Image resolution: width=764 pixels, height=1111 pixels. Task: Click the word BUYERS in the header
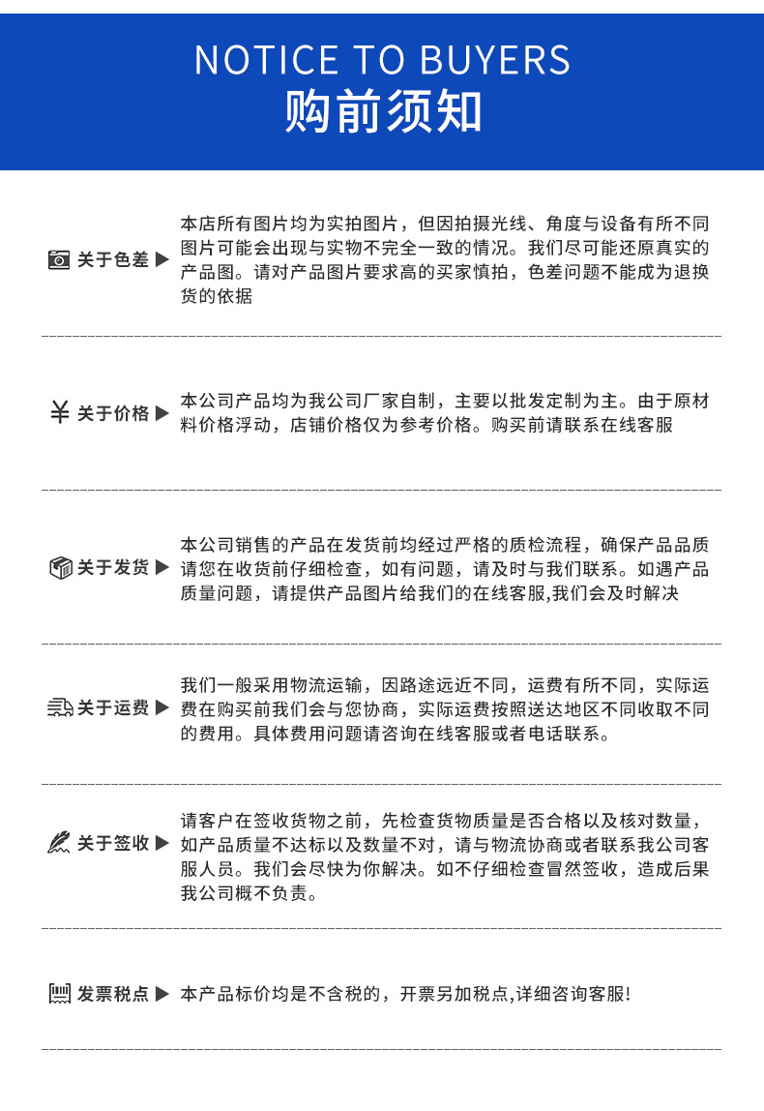click(495, 60)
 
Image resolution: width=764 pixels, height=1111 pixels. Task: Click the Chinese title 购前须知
click(382, 112)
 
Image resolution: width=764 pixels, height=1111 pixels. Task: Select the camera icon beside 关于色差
click(59, 260)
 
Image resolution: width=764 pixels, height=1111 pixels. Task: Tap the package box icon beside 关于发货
click(60, 567)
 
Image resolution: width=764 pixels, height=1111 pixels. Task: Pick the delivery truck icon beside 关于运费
click(60, 707)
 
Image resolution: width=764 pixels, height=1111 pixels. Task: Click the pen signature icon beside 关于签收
click(59, 843)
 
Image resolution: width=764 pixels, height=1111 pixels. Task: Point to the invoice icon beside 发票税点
click(60, 993)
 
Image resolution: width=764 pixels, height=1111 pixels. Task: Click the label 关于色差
click(112, 260)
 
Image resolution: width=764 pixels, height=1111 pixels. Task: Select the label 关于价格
click(112, 413)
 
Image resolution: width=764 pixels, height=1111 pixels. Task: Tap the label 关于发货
click(112, 567)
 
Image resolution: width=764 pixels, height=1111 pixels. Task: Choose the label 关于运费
click(112, 707)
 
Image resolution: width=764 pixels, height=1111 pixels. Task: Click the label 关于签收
click(112, 843)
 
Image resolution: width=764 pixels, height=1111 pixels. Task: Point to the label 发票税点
click(112, 994)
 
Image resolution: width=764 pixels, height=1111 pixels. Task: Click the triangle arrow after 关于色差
click(162, 259)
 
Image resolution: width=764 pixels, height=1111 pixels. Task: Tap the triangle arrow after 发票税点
click(162, 993)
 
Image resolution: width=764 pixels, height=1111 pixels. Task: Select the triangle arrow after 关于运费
click(162, 707)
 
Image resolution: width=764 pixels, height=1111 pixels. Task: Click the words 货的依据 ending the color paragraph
click(217, 296)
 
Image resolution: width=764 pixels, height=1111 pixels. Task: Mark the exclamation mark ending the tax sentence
click(628, 994)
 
